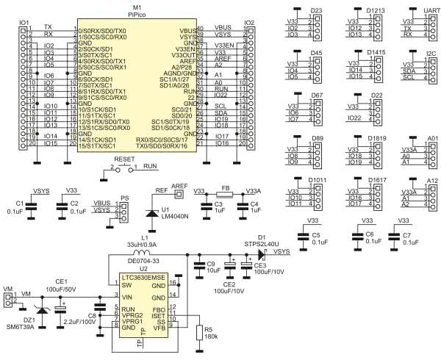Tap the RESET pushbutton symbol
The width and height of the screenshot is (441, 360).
coord(124,167)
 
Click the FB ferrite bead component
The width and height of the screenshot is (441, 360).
coord(226,193)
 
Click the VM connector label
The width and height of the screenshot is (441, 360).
coord(7,289)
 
